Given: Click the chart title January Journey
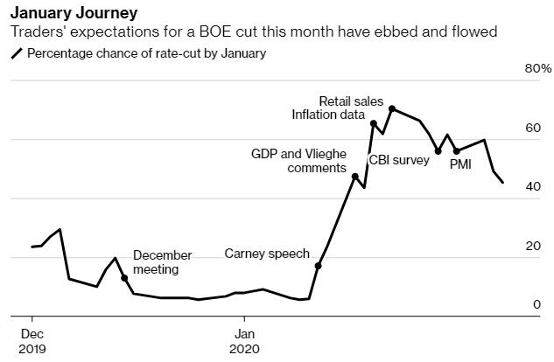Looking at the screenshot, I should pos(73,14).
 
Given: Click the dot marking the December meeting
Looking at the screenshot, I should pos(124,278).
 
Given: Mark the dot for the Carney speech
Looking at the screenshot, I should pos(318,265).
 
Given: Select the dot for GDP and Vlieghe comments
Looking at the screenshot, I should pos(354,177).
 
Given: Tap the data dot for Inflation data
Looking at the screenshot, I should pos(374,124).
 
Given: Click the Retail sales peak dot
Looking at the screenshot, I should pos(392,109).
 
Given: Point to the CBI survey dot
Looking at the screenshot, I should pos(438,151).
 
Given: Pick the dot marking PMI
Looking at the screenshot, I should pos(456,151).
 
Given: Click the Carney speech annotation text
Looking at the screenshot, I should pos(267,254).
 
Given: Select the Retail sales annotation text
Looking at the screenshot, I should pos(351,101).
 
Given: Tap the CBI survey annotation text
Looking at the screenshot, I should pos(399,160).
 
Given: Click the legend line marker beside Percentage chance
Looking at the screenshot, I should pos(17,53).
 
